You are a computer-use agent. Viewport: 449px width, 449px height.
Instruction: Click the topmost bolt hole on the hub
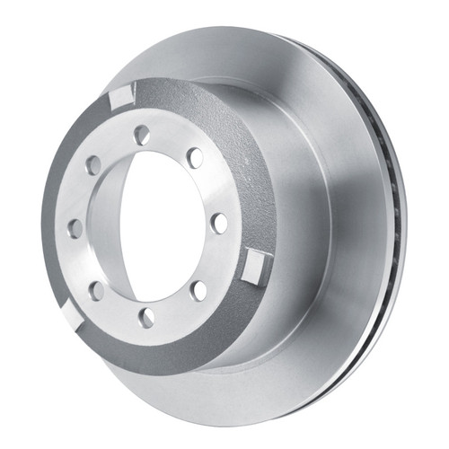click(141, 135)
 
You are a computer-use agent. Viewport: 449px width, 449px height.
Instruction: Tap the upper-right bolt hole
click(195, 158)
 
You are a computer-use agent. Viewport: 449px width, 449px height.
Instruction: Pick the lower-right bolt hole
click(199, 289)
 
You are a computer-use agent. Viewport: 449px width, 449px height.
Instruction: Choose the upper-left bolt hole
click(92, 165)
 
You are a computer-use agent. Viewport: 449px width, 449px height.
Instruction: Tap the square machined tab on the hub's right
click(255, 265)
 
